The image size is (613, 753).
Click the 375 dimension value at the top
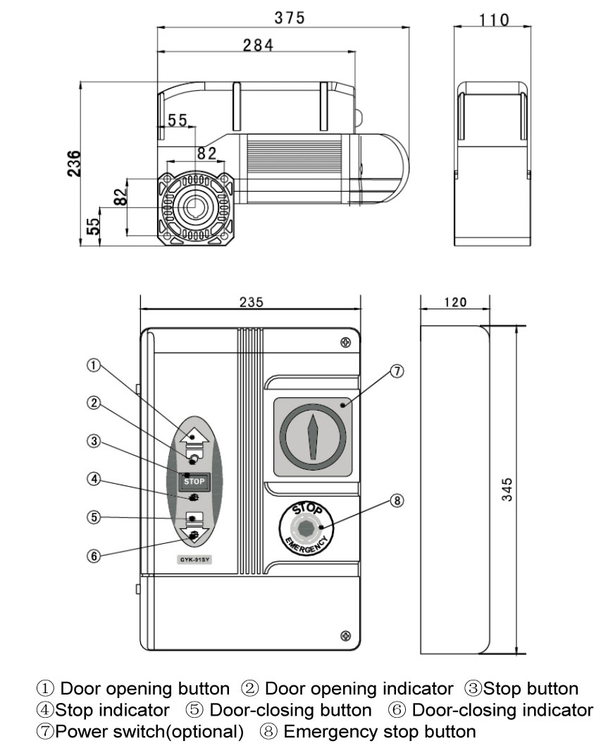[x=290, y=19]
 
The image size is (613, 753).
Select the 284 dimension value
[x=258, y=45]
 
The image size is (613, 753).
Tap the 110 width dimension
[x=494, y=20]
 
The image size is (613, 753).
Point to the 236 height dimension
[x=73, y=163]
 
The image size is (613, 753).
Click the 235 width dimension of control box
[x=251, y=302]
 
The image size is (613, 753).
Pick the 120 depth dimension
[x=454, y=302]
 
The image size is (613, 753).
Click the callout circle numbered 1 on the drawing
[x=94, y=365]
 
